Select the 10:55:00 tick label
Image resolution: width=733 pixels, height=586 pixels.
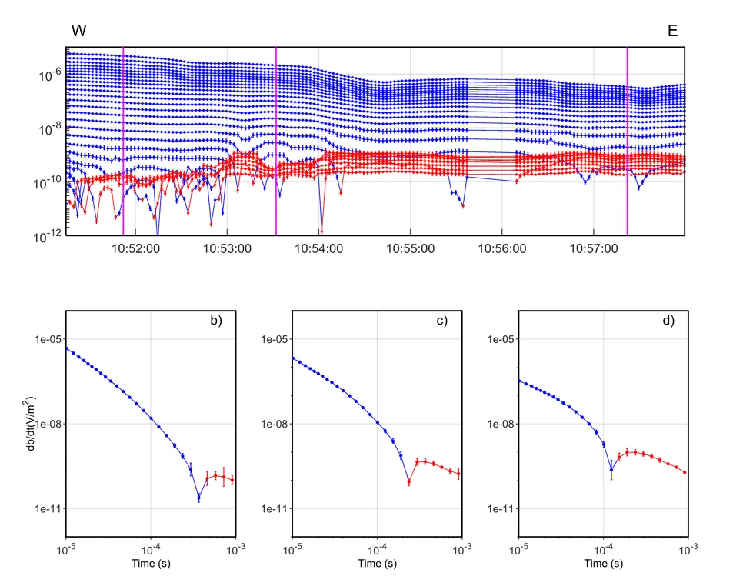click(x=411, y=249)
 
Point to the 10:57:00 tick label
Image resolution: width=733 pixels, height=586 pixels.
click(x=594, y=249)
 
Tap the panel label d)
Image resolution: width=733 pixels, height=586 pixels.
click(x=668, y=321)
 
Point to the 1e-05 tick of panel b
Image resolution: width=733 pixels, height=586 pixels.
click(x=48, y=339)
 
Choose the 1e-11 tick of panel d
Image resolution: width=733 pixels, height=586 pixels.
click(x=500, y=508)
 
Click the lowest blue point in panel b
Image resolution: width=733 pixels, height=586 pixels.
click(x=198, y=497)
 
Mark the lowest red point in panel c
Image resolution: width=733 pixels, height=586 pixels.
click(x=409, y=482)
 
